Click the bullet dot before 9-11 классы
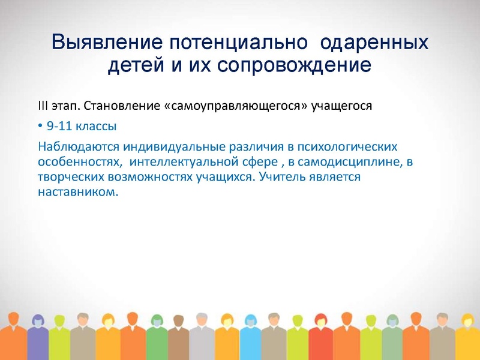40,127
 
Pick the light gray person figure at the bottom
202,339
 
